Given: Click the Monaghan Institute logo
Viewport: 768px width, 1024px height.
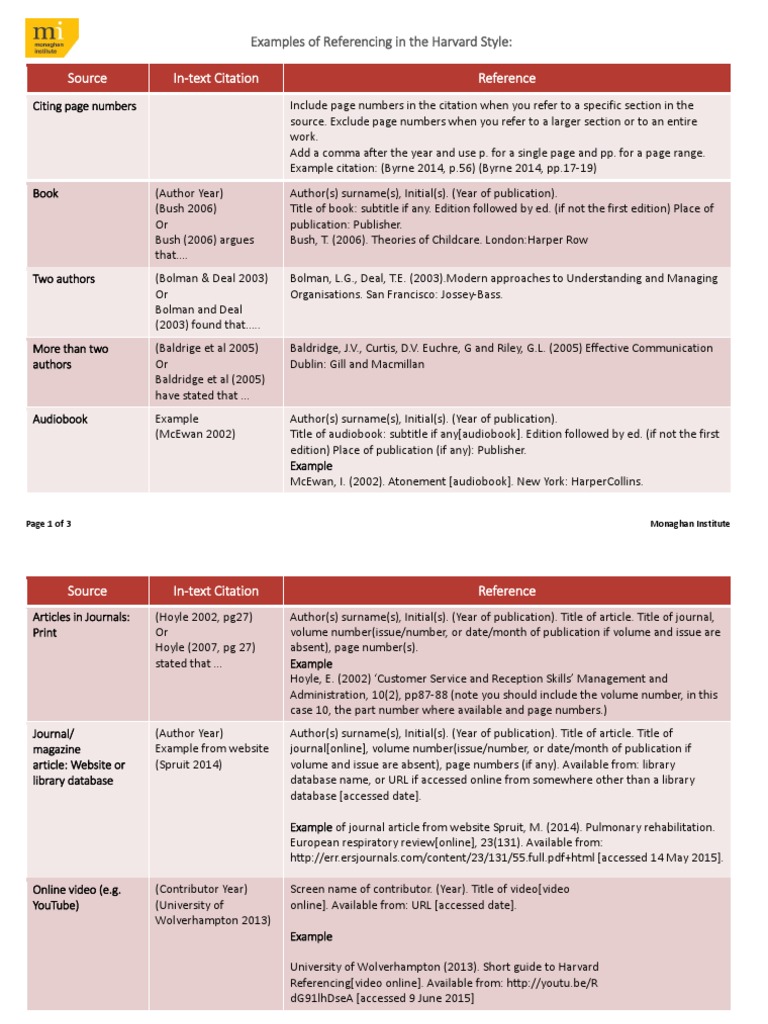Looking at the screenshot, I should [x=51, y=39].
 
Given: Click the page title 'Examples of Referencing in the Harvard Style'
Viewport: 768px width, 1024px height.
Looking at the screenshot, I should [x=387, y=42].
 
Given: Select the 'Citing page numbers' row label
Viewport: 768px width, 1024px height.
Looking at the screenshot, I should [x=85, y=106].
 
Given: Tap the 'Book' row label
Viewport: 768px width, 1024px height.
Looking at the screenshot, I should [x=46, y=193].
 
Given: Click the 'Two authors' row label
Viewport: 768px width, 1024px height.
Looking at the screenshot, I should [x=64, y=279].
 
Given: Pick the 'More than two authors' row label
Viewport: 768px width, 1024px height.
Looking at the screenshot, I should [x=71, y=357].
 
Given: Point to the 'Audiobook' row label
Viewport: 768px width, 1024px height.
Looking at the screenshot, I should [x=60, y=419].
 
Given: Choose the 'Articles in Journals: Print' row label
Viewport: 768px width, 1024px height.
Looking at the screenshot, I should [x=81, y=625].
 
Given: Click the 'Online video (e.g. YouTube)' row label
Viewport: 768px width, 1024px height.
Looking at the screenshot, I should [x=76, y=897].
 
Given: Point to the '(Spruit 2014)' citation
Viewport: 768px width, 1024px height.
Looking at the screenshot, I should [x=188, y=765].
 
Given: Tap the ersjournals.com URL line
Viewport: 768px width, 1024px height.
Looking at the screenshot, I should [x=506, y=858].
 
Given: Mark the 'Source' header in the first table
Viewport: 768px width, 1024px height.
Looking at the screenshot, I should [x=87, y=78].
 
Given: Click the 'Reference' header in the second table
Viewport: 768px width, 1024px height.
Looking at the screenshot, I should [x=506, y=591].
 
